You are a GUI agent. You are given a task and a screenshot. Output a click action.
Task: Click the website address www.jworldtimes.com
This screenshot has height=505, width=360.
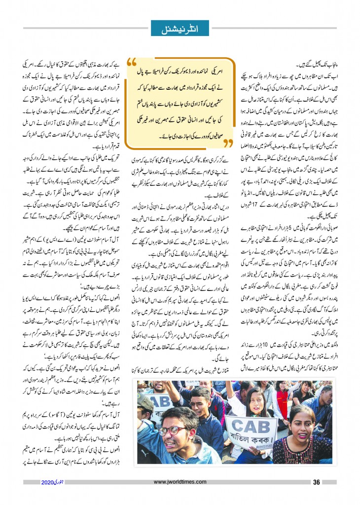point(180,482)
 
